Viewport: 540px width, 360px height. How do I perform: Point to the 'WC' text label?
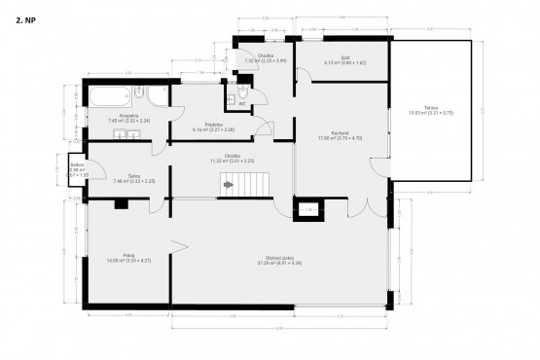coord(242,103)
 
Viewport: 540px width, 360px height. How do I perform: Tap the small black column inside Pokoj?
coord(121,203)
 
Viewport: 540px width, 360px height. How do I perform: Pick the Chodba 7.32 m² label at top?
coord(265,57)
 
